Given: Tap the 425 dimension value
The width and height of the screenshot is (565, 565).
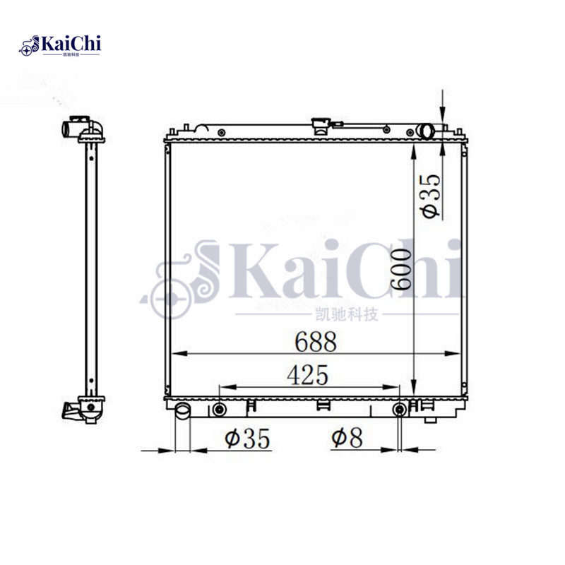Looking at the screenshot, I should coord(307,376).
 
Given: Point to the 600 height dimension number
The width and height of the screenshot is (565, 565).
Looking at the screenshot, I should coord(401,272).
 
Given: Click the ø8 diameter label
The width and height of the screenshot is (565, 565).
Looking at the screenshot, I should coord(347,439).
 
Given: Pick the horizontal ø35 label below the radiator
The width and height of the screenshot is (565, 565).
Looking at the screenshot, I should coord(247,439).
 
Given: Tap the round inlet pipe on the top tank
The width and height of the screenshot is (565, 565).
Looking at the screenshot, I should coord(426,131).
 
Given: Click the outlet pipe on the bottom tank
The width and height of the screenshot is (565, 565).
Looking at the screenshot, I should coord(183,411).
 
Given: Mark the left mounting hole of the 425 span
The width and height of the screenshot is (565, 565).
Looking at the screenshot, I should coord(220,410).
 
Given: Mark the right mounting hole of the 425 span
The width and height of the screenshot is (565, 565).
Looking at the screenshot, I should coord(400,410).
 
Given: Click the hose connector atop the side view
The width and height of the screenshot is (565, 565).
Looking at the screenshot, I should coord(79,129).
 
